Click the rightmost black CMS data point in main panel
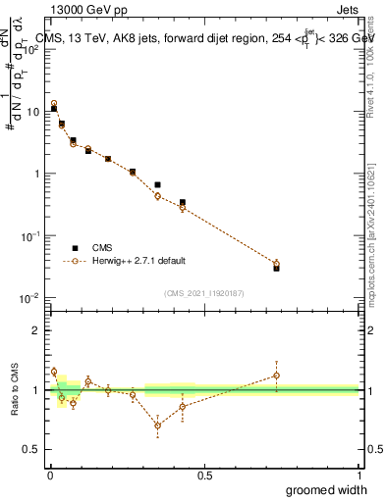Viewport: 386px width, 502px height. [x=276, y=268]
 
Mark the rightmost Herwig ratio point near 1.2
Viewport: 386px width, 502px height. [x=276, y=375]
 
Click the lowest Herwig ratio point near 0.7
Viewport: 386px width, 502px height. [x=157, y=425]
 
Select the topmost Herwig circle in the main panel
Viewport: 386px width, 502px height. [x=54, y=103]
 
